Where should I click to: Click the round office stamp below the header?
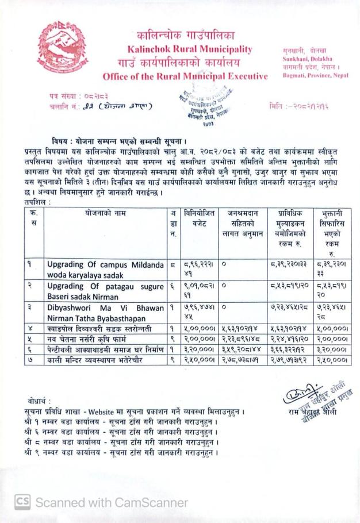[200, 102]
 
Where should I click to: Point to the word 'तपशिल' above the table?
[36, 202]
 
